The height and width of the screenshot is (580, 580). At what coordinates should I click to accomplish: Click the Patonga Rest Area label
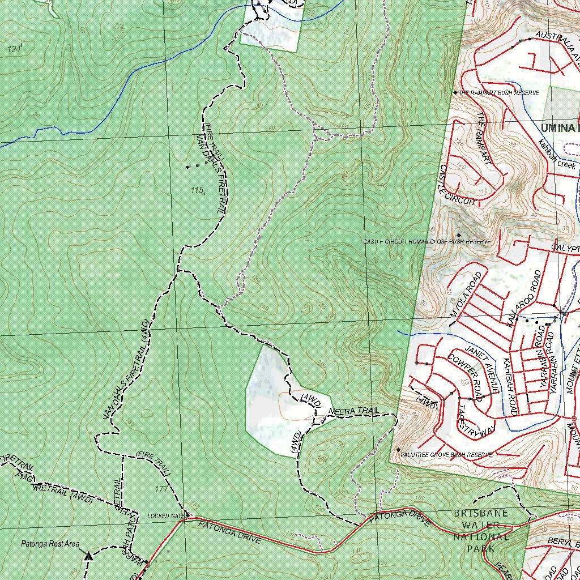50,544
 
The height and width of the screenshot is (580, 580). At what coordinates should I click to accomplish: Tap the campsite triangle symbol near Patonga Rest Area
88,556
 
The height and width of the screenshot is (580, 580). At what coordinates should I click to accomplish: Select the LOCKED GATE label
166,516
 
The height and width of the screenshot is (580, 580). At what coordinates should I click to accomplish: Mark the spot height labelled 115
197,190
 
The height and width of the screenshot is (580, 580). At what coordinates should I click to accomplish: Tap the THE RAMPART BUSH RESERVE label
498,92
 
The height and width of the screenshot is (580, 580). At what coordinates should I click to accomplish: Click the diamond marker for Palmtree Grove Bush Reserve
398,450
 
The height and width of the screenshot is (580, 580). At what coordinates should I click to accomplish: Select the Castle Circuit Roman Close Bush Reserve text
426,242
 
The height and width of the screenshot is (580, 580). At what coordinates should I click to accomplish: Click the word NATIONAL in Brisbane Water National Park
481,537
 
